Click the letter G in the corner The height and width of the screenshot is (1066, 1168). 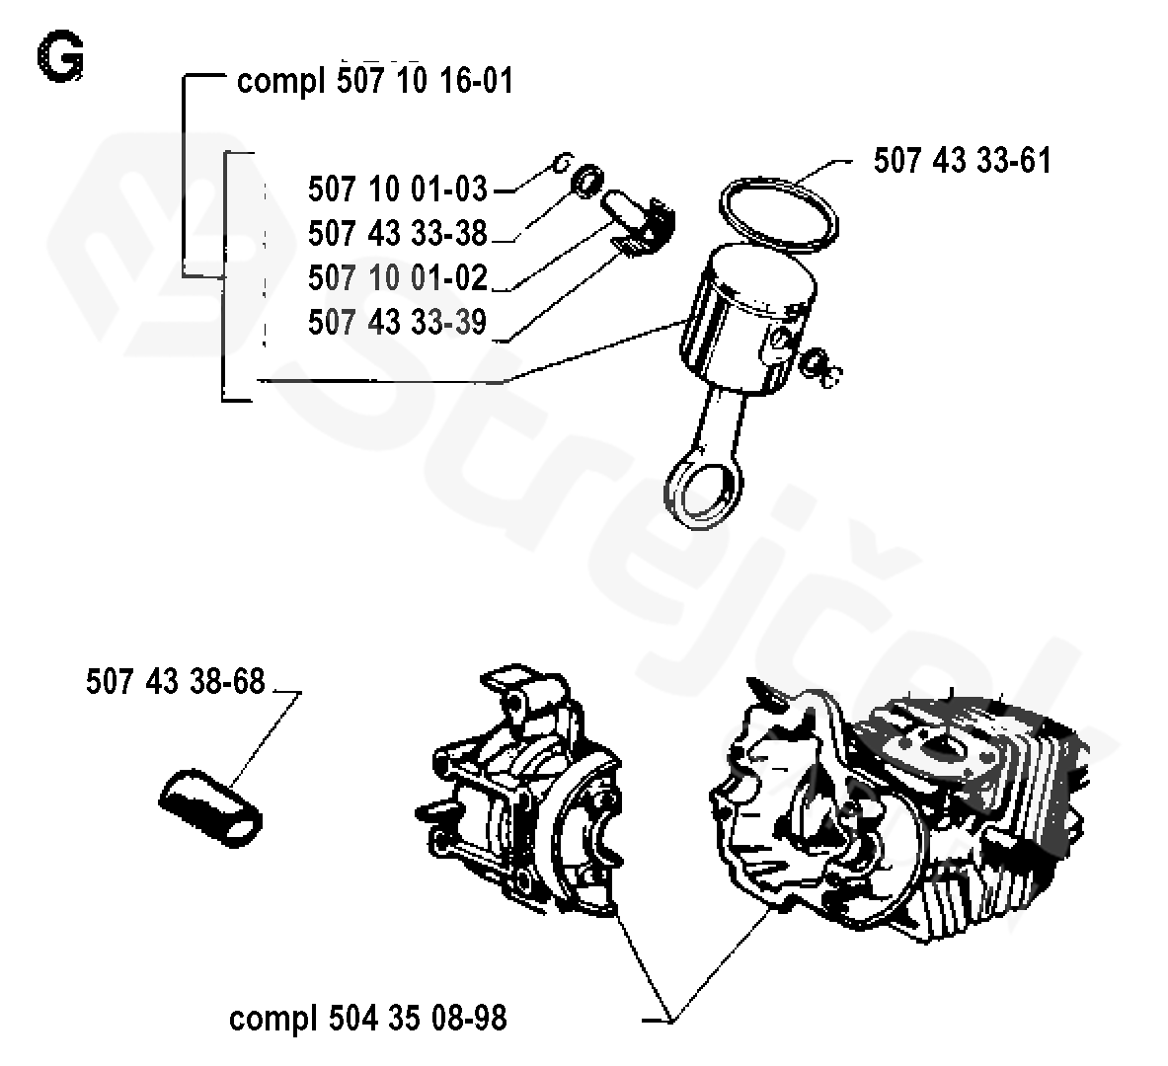(x=60, y=60)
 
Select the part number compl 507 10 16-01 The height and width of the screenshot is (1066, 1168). (x=375, y=80)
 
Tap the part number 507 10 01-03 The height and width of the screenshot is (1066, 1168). (x=397, y=188)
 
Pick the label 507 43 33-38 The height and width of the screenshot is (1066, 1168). (x=397, y=233)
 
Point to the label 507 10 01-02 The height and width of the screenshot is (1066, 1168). (x=397, y=277)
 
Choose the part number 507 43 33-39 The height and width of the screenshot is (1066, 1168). (x=397, y=322)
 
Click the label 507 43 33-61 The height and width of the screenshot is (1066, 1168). (x=962, y=160)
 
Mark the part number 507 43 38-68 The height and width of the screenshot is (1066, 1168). (x=176, y=681)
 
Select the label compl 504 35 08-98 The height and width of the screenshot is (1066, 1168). (x=367, y=1018)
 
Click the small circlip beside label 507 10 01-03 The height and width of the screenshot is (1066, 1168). (x=562, y=164)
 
